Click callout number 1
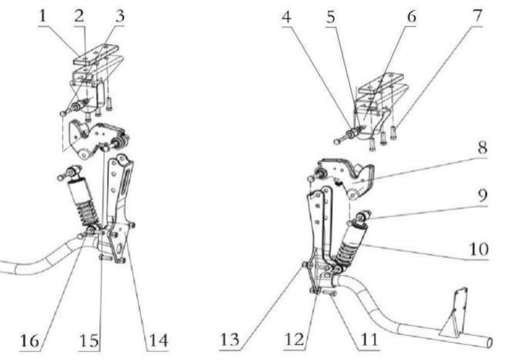[x=43, y=17]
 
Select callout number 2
[x=79, y=17]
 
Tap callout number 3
[x=120, y=17]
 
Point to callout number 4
[x=286, y=17]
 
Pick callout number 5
[x=331, y=17]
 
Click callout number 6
[x=412, y=17]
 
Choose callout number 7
[x=477, y=16]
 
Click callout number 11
[x=369, y=340]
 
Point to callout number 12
[x=295, y=340]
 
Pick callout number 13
[x=230, y=340]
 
